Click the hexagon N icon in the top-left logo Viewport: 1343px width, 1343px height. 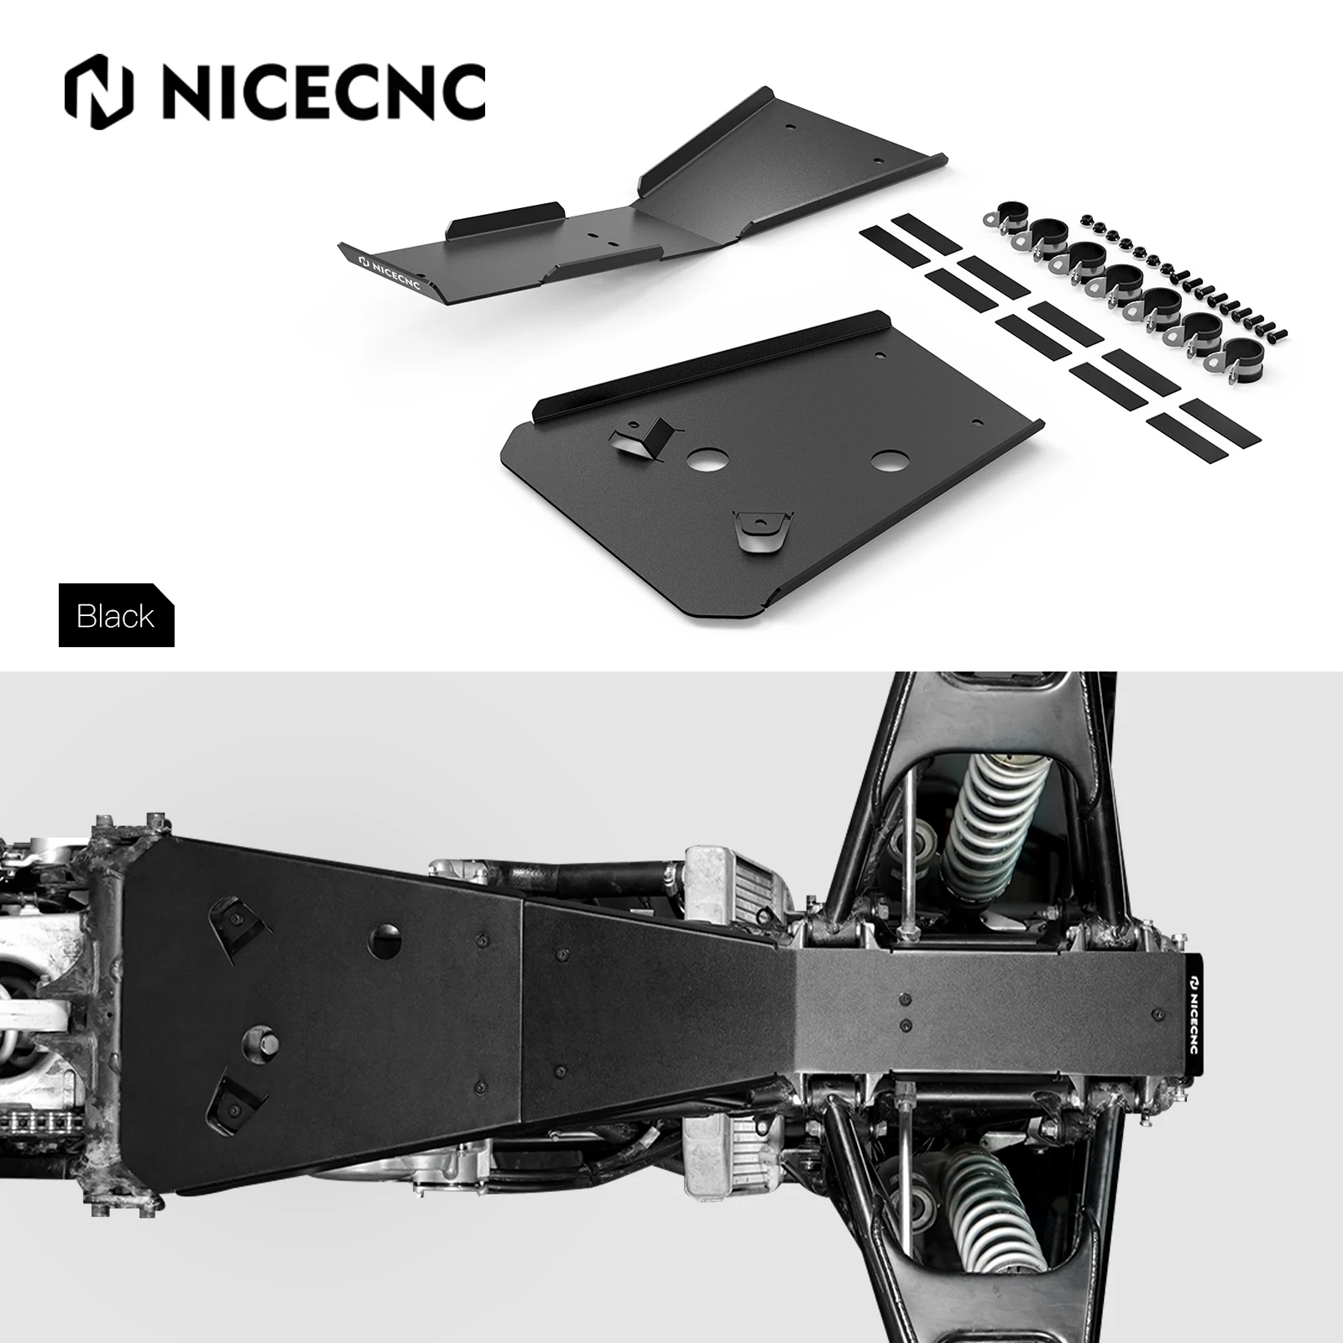(98, 92)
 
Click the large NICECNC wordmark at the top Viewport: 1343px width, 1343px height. (323, 92)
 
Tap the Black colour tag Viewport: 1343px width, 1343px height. (116, 616)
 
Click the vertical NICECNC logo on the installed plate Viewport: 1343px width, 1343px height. (1193, 1007)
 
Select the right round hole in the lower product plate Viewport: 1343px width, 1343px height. (889, 461)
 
